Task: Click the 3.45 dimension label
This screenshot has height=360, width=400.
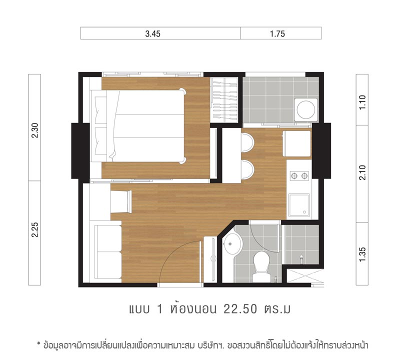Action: tap(153, 33)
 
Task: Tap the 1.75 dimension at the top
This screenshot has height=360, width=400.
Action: tap(277, 33)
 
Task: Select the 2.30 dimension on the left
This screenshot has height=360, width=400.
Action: tap(34, 130)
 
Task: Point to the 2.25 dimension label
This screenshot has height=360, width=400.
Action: tap(34, 229)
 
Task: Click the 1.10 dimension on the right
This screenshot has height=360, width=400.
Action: tap(362, 102)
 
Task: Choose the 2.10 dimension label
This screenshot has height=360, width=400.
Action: tap(362, 172)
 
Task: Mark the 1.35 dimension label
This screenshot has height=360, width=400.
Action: tap(362, 254)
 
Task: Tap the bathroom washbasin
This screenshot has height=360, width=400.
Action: tap(232, 244)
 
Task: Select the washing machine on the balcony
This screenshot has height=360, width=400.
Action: tap(306, 110)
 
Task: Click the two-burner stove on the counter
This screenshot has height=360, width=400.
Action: tap(299, 175)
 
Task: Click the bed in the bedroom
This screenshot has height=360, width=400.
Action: tap(138, 126)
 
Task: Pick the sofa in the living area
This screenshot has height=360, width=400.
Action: tap(107, 252)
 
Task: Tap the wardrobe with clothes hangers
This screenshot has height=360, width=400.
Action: tap(224, 99)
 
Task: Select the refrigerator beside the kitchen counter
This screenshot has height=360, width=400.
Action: tap(297, 143)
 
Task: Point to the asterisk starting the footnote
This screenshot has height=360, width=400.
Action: tap(39, 344)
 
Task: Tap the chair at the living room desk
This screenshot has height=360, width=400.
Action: tap(121, 201)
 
